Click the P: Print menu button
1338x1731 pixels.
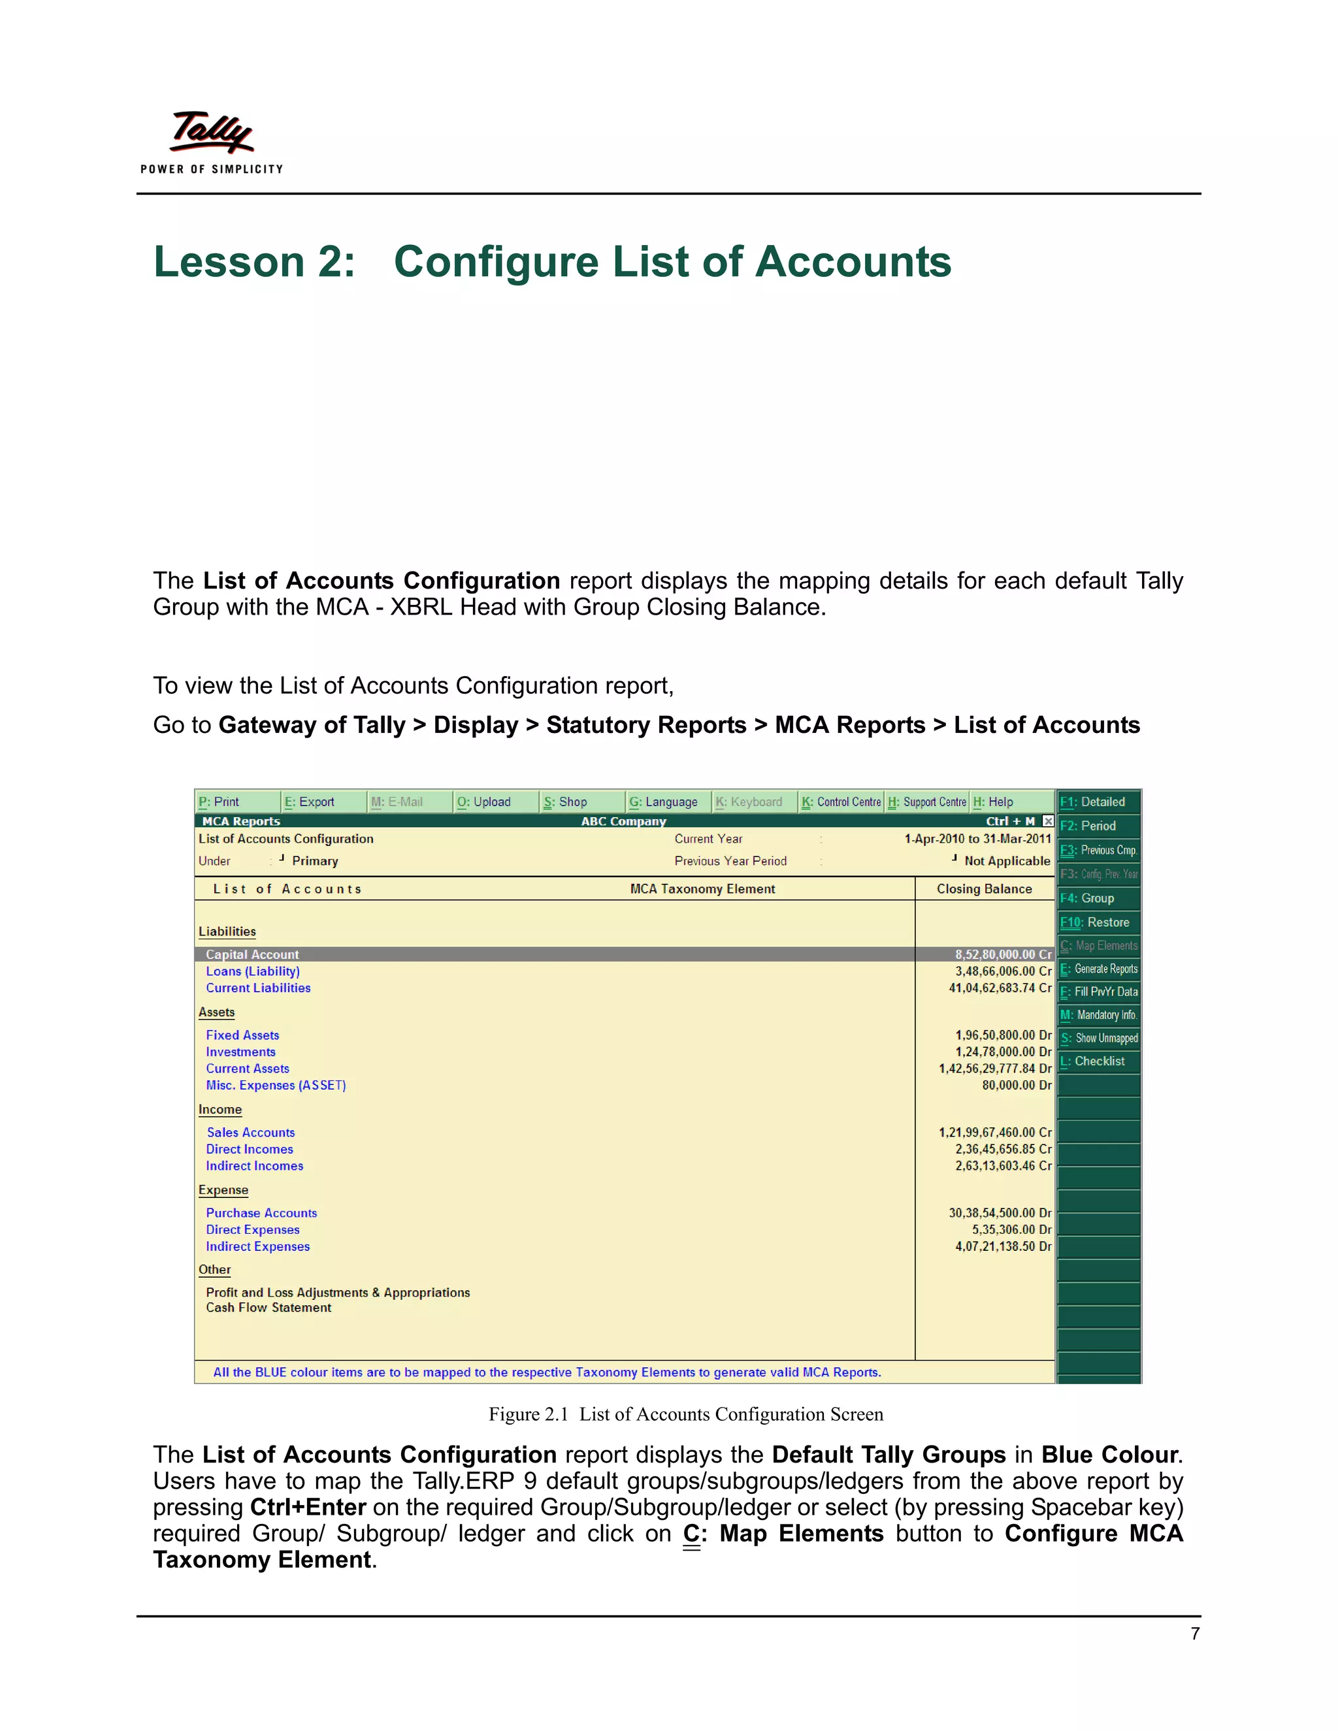coord(219,801)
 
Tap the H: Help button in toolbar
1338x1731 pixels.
coord(993,801)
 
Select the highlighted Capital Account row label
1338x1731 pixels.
coord(252,954)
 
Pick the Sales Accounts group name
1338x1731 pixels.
coord(250,1132)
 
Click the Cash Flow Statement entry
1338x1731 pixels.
coord(269,1307)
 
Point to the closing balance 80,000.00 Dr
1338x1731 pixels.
coord(1016,1085)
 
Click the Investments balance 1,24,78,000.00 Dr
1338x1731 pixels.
coord(1003,1052)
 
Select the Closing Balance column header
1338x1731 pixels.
coord(984,888)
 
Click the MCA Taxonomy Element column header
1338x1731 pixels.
coord(702,888)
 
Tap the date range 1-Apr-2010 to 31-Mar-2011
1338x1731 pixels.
coord(977,839)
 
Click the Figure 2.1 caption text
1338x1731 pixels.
coord(685,1414)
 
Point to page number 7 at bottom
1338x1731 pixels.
coord(1194,1634)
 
